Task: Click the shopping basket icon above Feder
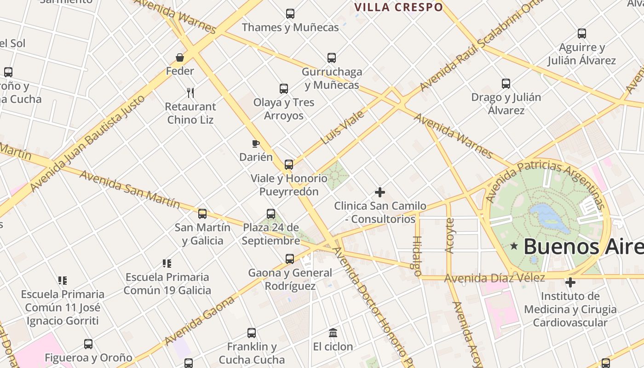click(x=180, y=57)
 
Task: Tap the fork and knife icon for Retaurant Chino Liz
click(x=190, y=93)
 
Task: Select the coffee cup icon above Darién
click(x=256, y=144)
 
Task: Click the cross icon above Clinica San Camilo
click(x=380, y=192)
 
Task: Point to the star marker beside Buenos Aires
click(x=514, y=247)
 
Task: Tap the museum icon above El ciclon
click(x=333, y=333)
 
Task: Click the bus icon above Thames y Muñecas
click(x=290, y=14)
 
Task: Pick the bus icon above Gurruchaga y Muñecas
click(x=332, y=58)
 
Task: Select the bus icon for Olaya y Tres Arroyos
click(x=284, y=89)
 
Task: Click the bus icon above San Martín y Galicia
click(x=202, y=214)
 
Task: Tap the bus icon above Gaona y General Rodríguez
click(x=290, y=259)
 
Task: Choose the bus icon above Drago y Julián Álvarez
click(x=506, y=84)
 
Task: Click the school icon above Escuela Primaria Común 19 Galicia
click(x=167, y=264)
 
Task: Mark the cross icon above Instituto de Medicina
click(x=570, y=282)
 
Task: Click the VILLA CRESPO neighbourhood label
click(x=399, y=7)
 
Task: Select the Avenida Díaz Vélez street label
click(x=494, y=278)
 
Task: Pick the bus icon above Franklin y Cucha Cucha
click(x=252, y=333)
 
